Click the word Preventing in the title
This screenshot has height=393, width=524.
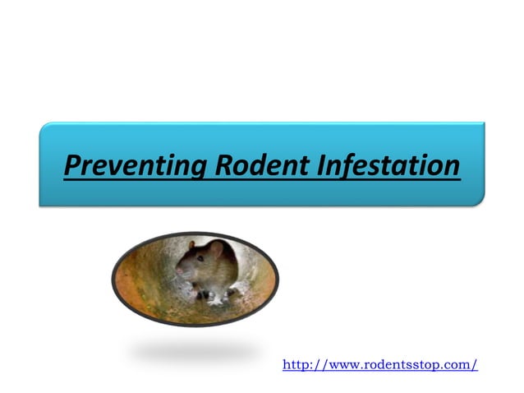(x=136, y=167)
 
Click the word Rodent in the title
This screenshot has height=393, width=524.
(x=260, y=167)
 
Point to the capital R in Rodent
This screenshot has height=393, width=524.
(x=225, y=167)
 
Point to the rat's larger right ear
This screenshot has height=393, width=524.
(x=217, y=251)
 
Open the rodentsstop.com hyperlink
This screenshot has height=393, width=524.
(x=379, y=364)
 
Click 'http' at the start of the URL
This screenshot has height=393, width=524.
(x=295, y=364)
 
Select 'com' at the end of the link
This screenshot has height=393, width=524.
(x=461, y=364)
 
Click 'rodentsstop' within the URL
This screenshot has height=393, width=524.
(x=397, y=364)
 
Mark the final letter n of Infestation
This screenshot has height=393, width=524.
(x=450, y=167)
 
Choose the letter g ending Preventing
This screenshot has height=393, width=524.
(x=198, y=170)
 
